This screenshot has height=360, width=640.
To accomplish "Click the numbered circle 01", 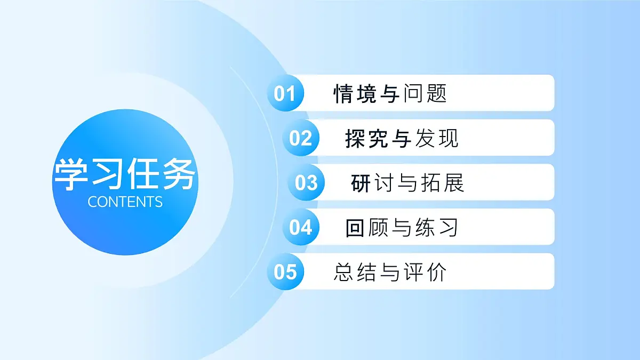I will (285, 93).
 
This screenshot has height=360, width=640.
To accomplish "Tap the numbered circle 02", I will (301, 138).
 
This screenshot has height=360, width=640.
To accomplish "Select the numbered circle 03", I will (306, 183).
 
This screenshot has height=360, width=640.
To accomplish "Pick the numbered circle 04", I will (301, 228).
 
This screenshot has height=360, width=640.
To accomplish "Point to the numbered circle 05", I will (285, 272).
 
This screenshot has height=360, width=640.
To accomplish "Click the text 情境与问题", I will (390, 93).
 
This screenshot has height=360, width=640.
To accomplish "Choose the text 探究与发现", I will (402, 138).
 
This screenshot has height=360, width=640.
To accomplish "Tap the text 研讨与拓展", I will (407, 183).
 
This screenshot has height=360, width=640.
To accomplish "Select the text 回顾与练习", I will (402, 228).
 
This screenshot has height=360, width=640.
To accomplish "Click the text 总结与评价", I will (390, 272).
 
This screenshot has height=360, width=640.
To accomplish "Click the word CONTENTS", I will (125, 202).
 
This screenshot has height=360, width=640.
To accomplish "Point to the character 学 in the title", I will (71, 174).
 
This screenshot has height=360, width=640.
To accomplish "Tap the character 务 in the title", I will (179, 174).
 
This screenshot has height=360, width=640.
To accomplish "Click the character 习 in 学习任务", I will (107, 174).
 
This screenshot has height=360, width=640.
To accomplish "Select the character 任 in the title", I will (143, 174).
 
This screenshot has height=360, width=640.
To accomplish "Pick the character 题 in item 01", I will (436, 93).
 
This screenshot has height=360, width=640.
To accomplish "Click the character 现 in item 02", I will (447, 138).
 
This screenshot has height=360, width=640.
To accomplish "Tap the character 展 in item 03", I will (453, 183).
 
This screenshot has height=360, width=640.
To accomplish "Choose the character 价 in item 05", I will (436, 272).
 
